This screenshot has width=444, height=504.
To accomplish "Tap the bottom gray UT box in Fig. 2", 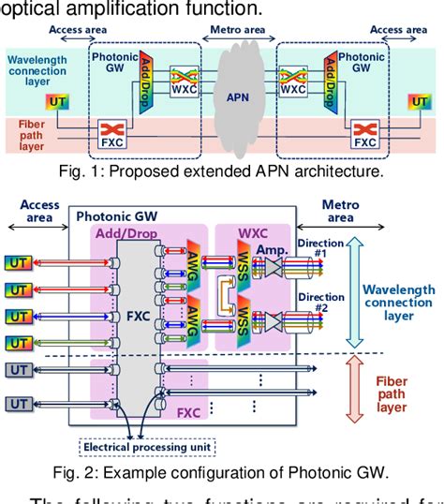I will click(18, 404).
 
